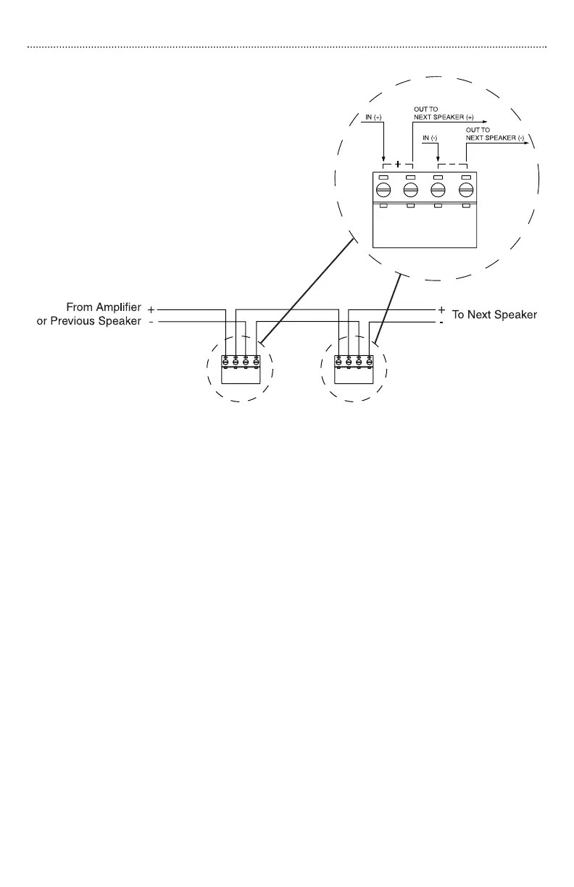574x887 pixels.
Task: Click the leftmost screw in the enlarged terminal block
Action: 383,190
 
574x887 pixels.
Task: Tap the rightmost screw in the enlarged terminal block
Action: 466,190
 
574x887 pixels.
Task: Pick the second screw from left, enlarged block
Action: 410,190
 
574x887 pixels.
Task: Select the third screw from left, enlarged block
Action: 438,190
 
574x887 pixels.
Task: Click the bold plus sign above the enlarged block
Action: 397,164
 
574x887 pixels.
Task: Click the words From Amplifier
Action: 104,308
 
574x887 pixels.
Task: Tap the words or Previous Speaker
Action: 89,321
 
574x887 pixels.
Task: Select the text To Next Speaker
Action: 494,316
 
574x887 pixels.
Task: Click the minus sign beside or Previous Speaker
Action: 151,322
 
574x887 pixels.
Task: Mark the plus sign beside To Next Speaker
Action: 441,309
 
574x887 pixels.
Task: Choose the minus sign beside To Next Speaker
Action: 441,322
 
